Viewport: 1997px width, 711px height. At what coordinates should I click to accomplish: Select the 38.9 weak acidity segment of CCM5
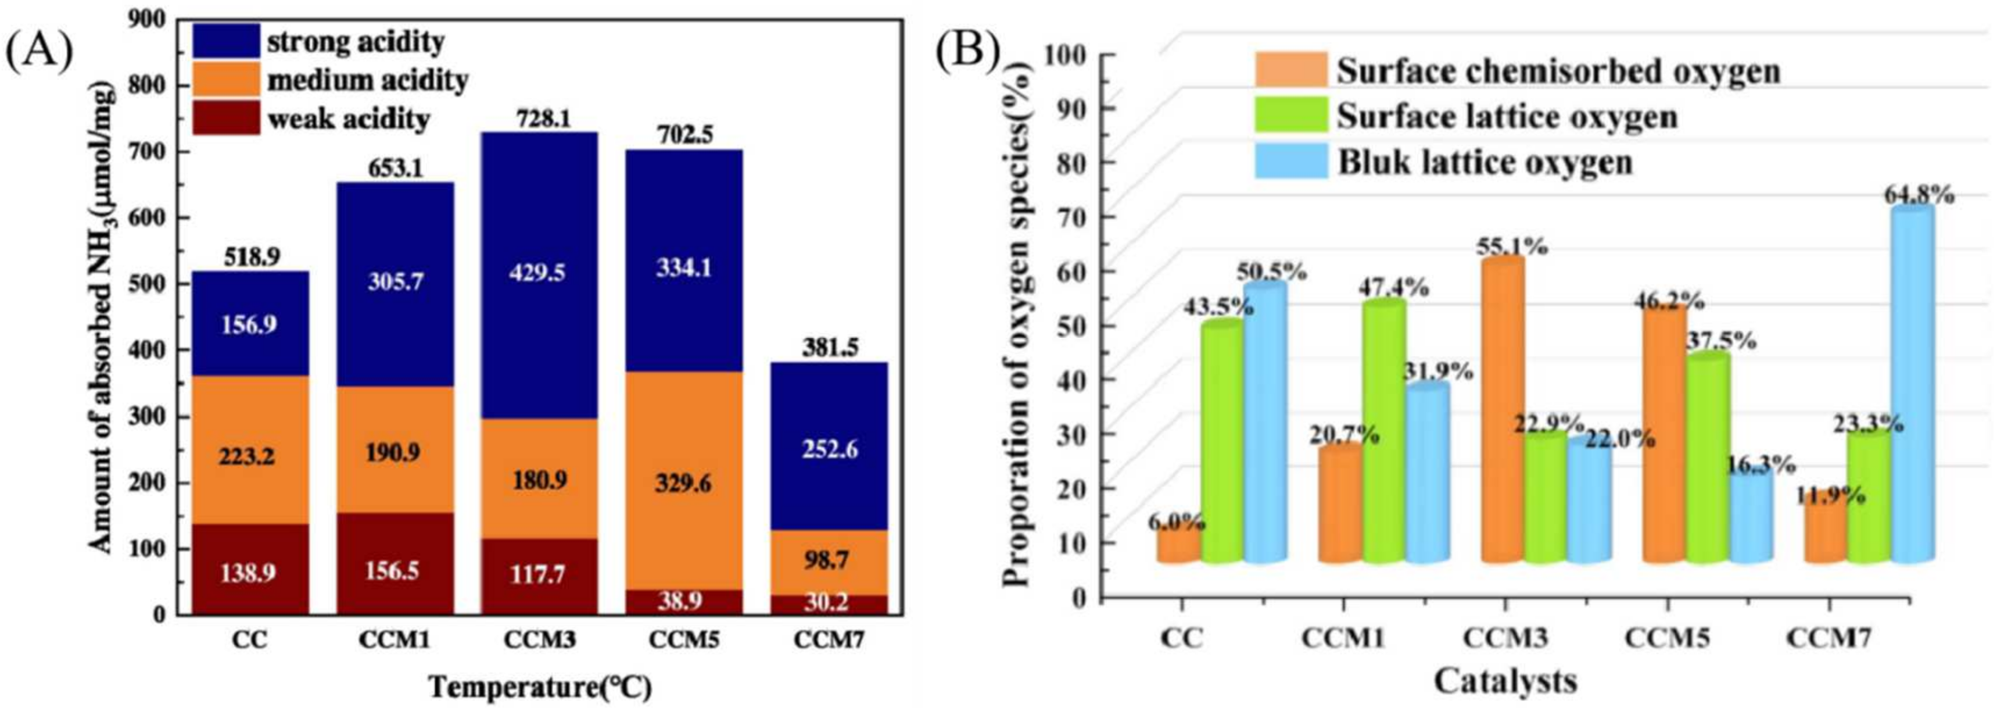(x=684, y=602)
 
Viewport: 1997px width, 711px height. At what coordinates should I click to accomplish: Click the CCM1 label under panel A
(x=395, y=641)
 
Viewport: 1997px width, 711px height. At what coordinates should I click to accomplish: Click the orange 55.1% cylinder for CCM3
(x=1503, y=411)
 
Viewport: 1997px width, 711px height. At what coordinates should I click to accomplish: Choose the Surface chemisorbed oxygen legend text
(x=1558, y=72)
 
